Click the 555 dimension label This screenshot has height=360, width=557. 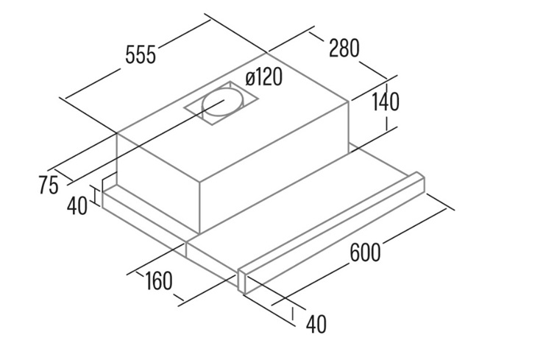141,55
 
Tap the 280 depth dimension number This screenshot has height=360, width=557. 344,48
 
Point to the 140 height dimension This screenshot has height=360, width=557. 386,102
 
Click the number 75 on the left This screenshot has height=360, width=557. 49,185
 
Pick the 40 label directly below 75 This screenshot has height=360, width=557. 77,206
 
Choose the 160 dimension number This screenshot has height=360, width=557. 158,280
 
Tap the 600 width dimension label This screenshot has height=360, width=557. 365,253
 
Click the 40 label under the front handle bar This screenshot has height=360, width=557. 316,324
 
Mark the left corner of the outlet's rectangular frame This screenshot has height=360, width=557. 184,107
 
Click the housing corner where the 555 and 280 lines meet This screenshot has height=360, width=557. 267,53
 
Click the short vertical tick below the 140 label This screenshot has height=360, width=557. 386,124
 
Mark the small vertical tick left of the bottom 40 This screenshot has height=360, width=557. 293,314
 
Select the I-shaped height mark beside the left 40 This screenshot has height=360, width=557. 95,194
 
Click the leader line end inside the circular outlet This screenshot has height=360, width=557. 224,101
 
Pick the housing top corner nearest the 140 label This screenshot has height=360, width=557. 349,102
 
